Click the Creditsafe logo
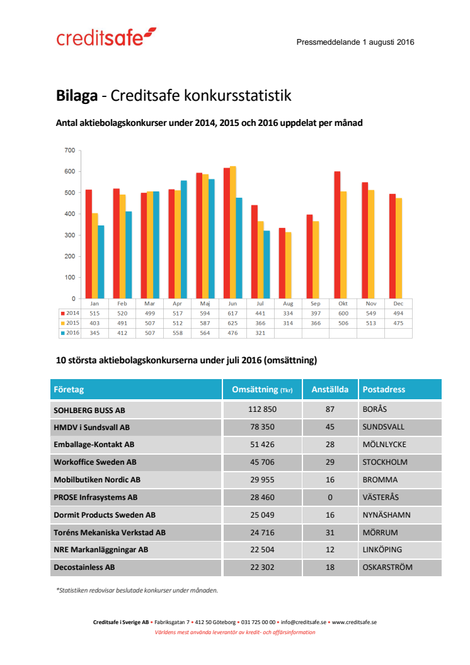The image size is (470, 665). (x=106, y=37)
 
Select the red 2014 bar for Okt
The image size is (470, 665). (x=337, y=235)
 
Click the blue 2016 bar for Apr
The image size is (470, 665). (x=183, y=239)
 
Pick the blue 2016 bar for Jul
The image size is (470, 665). (x=267, y=264)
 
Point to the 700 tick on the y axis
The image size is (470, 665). (x=69, y=151)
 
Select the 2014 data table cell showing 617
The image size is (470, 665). (x=232, y=313)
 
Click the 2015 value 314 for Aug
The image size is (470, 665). (x=288, y=323)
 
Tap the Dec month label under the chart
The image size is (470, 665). (x=398, y=303)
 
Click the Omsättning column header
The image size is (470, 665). (x=261, y=389)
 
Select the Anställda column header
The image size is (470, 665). (x=330, y=389)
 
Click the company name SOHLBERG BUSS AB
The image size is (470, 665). (x=89, y=409)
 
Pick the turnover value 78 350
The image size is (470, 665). (x=262, y=427)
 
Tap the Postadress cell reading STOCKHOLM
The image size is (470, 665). (x=385, y=462)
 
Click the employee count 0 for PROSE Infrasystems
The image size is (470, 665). (x=330, y=497)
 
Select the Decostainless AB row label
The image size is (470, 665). (x=84, y=567)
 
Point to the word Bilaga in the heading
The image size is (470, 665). (x=76, y=96)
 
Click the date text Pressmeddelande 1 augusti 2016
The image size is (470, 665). (x=355, y=42)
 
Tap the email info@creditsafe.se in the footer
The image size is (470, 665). (x=303, y=622)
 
